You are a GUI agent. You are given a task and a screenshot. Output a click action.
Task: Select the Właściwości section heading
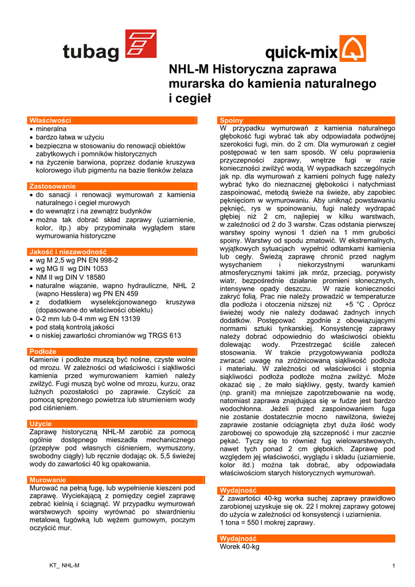click(50, 120)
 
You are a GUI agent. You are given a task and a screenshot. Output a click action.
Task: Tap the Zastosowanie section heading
click(52, 186)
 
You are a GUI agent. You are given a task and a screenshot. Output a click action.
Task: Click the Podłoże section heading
click(42, 351)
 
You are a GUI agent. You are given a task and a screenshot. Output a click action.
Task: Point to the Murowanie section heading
click(48, 479)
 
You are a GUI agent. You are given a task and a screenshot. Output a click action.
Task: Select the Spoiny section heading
click(232, 120)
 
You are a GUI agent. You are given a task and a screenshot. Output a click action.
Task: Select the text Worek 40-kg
click(240, 547)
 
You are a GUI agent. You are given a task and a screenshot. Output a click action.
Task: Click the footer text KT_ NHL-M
click(64, 566)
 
